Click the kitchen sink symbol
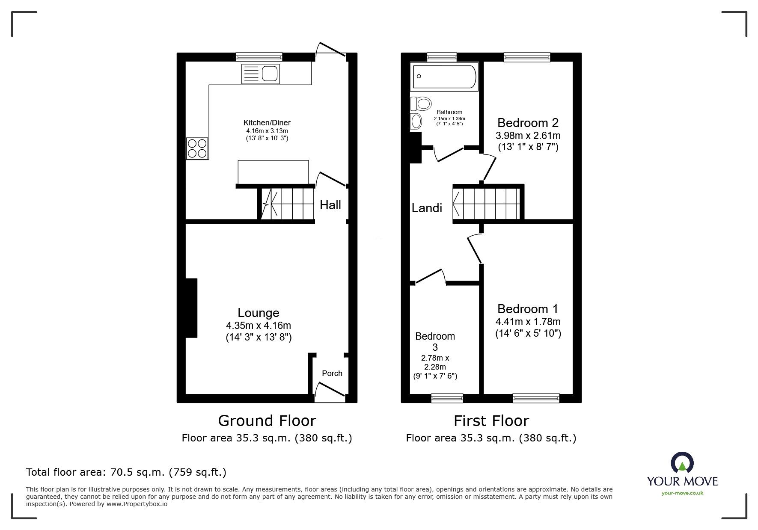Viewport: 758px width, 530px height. (260, 74)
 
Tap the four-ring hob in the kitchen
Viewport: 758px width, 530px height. (197, 148)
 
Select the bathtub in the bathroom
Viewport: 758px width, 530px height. (444, 77)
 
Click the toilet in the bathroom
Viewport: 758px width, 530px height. (421, 104)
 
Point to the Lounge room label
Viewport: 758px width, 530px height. (259, 313)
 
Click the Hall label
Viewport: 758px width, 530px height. (330, 205)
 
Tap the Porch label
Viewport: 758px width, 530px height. (332, 373)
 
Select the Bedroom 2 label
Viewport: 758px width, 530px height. (528, 123)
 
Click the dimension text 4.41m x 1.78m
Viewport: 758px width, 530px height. (528, 322)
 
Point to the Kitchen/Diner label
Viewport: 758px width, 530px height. (267, 123)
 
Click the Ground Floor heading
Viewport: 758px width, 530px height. (267, 421)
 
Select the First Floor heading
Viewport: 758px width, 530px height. (491, 421)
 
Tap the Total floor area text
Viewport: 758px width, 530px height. (126, 472)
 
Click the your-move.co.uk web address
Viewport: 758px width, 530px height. (682, 493)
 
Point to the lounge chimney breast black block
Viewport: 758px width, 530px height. (191, 308)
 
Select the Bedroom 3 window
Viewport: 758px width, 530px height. (447, 398)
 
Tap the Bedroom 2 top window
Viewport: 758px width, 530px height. (527, 57)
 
